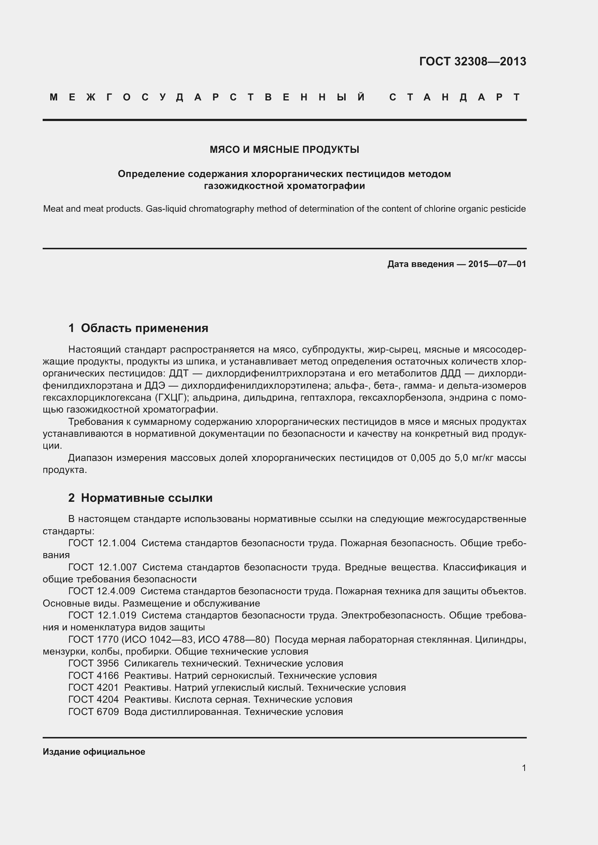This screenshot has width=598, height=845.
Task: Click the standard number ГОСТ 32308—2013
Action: [x=473, y=61]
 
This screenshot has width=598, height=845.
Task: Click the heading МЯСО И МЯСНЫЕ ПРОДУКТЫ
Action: [x=284, y=150]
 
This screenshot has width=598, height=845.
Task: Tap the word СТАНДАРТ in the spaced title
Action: [x=455, y=97]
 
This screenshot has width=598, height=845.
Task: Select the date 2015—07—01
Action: [x=497, y=264]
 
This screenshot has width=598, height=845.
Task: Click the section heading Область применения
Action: [x=144, y=328]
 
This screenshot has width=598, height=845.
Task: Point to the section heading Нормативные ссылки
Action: [x=146, y=497]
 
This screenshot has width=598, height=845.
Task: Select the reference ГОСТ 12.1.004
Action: [x=102, y=543]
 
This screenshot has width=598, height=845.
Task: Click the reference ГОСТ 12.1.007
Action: [x=102, y=567]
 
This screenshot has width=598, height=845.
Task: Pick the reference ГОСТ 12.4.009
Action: [x=102, y=591]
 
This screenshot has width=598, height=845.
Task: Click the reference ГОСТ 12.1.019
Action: [x=102, y=615]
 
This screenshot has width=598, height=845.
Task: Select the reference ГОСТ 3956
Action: [x=94, y=663]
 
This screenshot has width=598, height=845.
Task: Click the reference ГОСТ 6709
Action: [x=94, y=711]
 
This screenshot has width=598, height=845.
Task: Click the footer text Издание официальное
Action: [x=94, y=751]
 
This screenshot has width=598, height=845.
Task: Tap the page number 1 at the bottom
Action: [x=524, y=768]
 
